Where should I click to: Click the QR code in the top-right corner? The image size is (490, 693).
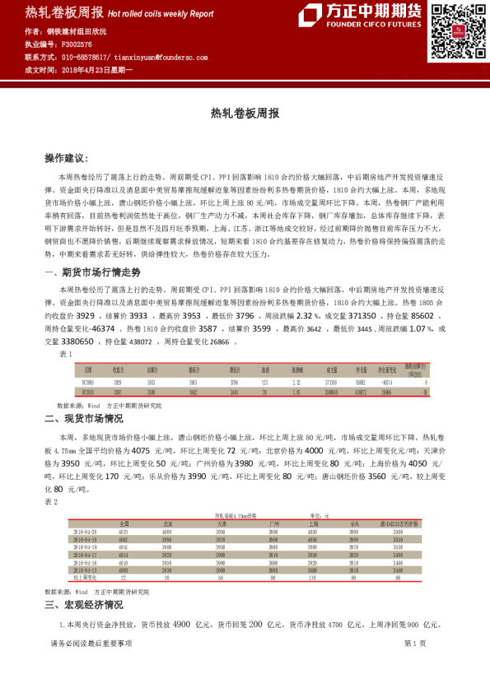(x=453, y=30)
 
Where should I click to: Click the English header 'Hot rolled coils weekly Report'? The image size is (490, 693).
(x=161, y=14)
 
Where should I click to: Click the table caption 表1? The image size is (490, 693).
(x=67, y=352)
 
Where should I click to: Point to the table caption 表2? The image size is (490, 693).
(x=51, y=501)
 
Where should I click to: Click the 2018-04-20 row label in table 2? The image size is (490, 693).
(x=86, y=532)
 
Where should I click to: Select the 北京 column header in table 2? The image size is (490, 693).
(x=167, y=523)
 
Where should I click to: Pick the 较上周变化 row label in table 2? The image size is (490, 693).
(x=86, y=578)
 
